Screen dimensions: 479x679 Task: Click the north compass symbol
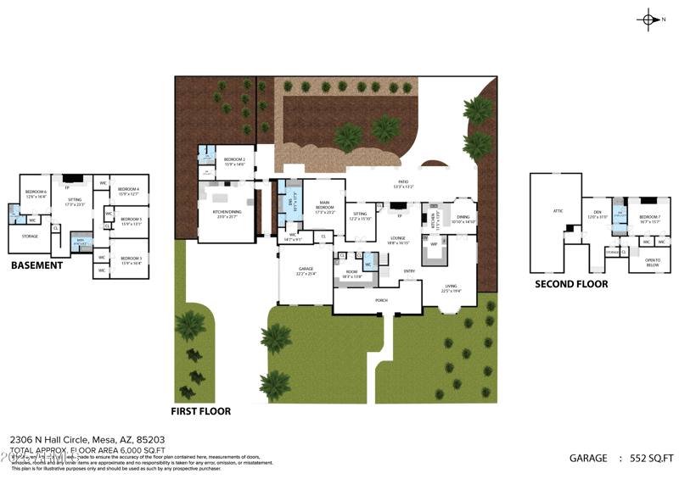tap(649, 19)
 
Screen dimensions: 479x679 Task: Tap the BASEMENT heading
tap(36, 265)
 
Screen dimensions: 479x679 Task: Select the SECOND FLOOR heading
tap(571, 284)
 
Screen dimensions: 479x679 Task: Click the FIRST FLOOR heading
tap(201, 411)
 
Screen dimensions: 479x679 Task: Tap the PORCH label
tap(381, 300)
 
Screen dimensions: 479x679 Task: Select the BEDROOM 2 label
tap(234, 159)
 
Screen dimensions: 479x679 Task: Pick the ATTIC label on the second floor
tap(558, 211)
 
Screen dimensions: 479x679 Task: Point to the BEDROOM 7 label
tap(649, 216)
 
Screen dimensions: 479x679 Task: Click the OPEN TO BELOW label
tap(653, 263)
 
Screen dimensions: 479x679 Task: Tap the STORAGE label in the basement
tap(30, 237)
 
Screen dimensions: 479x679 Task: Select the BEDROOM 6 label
tap(36, 192)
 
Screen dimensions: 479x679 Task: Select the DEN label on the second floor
tap(597, 214)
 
